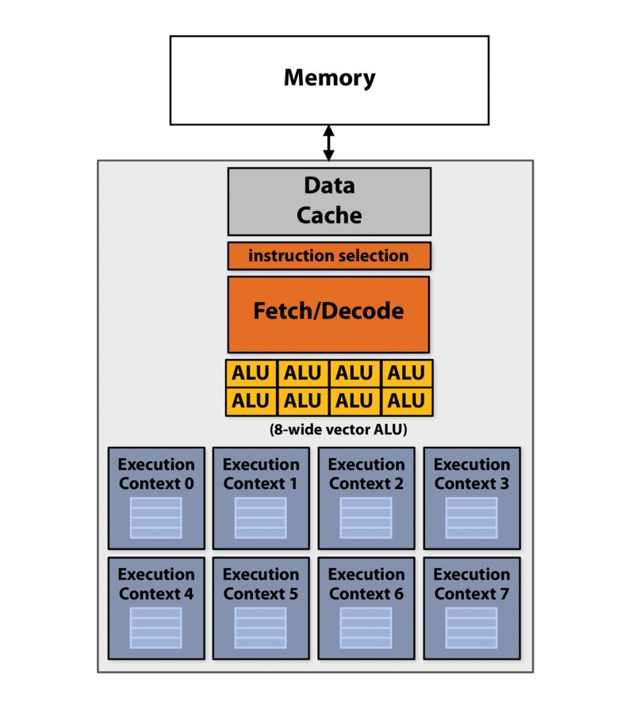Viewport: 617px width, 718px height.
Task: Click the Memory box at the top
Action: pyautogui.click(x=329, y=79)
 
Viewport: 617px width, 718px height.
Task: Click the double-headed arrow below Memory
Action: pyautogui.click(x=328, y=143)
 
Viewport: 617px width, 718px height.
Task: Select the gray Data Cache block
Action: pyautogui.click(x=329, y=201)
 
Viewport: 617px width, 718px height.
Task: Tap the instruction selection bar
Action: pyautogui.click(x=329, y=256)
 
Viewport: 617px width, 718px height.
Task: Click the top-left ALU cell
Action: pyautogui.click(x=251, y=373)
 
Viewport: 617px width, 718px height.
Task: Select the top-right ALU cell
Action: pyautogui.click(x=406, y=373)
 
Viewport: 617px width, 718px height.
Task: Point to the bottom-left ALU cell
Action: pyautogui.click(x=251, y=401)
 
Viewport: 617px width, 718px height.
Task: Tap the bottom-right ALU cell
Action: pyautogui.click(x=406, y=401)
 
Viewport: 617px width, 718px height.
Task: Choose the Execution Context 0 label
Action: pyautogui.click(x=156, y=474)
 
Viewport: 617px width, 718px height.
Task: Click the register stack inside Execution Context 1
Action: pyautogui.click(x=261, y=517)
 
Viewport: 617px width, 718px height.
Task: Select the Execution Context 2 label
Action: pyautogui.click(x=366, y=474)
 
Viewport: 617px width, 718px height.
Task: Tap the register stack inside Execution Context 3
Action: pyautogui.click(x=471, y=517)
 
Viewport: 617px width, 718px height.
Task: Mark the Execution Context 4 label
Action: pyautogui.click(x=156, y=584)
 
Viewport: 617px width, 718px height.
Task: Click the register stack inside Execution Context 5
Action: pyautogui.click(x=261, y=628)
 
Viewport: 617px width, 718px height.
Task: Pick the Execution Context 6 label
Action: pyautogui.click(x=366, y=584)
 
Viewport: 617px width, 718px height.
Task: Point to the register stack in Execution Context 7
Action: pyautogui.click(x=471, y=628)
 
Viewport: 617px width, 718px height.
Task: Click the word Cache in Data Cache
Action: pyautogui.click(x=329, y=216)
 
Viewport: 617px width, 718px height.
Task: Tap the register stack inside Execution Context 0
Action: pyautogui.click(x=156, y=517)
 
